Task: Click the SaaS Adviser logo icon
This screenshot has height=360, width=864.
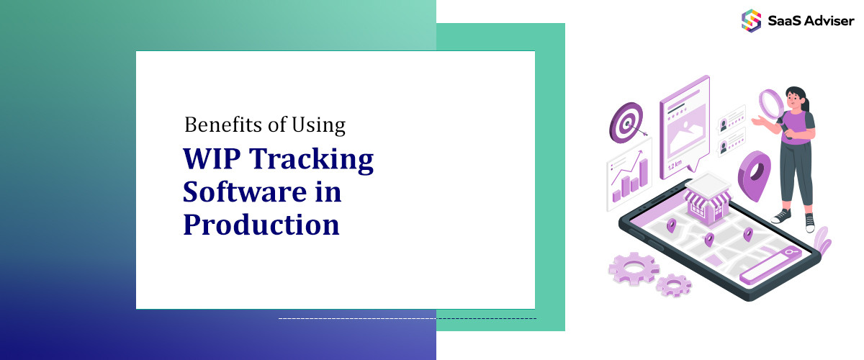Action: tap(751, 19)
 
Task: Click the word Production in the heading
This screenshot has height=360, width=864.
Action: tap(261, 225)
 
